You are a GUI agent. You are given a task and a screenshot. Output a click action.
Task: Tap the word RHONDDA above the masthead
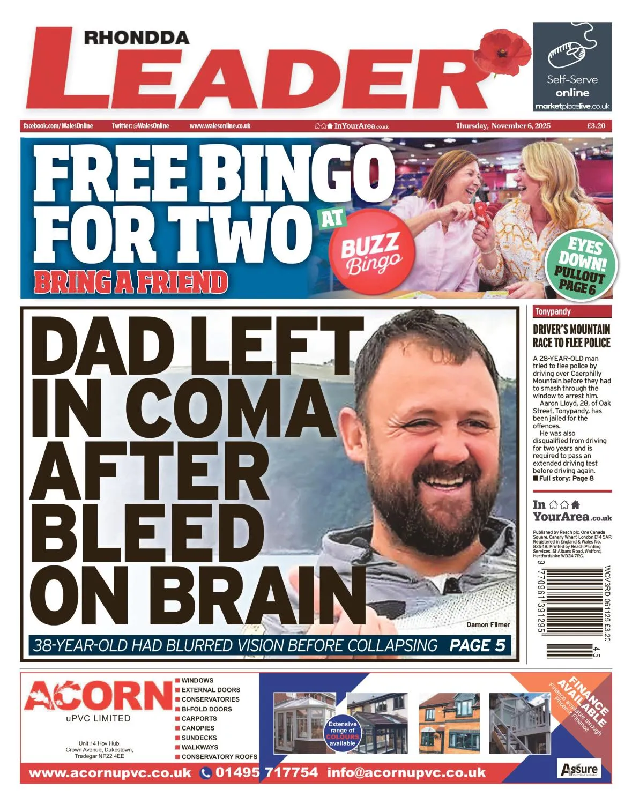tap(137, 38)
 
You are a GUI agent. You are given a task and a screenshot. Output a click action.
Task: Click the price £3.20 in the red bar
tap(596, 126)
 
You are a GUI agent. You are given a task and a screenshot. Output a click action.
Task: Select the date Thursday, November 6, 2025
tap(503, 126)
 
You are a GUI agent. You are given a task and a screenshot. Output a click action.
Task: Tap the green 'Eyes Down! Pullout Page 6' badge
tap(581, 266)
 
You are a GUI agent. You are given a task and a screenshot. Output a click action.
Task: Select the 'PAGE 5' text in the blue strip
tap(477, 645)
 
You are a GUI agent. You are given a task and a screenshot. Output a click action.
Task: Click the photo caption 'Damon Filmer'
tap(488, 624)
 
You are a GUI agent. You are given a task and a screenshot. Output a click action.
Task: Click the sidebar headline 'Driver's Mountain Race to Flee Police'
tap(571, 336)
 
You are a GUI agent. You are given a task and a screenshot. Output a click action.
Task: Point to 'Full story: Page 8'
tap(566, 478)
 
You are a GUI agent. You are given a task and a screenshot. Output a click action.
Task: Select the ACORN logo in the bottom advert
tap(98, 696)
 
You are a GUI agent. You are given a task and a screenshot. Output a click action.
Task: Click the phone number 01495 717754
tap(266, 772)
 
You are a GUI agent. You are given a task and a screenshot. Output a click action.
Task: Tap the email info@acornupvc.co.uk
tap(406, 772)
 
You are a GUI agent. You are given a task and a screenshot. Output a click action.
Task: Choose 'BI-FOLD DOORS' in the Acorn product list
tap(206, 709)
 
